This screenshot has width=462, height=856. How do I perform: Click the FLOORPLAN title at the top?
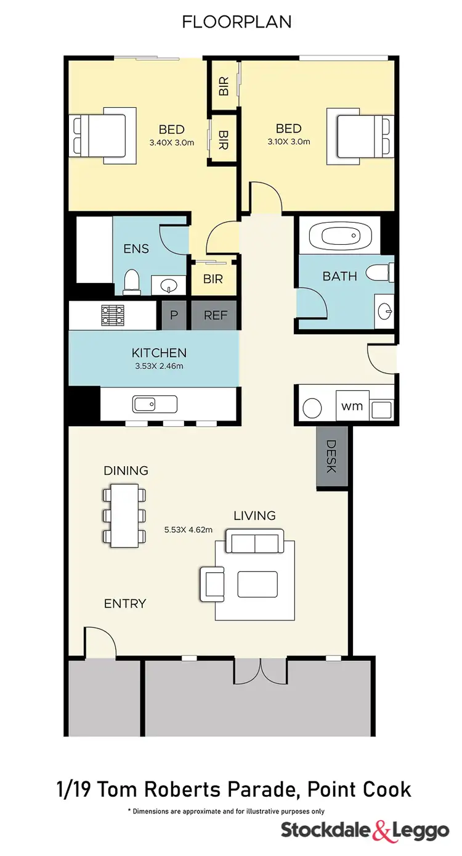click(237, 22)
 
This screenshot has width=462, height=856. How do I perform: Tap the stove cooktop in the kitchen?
click(113, 315)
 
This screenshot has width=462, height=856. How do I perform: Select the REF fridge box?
click(216, 315)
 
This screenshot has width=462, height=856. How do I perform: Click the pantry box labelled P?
click(174, 315)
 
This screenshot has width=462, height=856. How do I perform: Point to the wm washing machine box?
click(352, 406)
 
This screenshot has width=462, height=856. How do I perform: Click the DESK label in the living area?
click(331, 457)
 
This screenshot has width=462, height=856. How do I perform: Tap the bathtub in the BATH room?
click(334, 236)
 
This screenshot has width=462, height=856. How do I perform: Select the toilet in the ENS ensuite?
click(131, 281)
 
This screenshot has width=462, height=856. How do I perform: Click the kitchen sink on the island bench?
click(155, 405)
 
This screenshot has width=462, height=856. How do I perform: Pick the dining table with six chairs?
click(125, 515)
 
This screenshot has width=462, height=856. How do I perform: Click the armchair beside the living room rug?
click(213, 583)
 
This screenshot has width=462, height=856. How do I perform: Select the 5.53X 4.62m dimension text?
click(188, 529)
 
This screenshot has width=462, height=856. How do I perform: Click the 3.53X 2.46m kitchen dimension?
click(158, 366)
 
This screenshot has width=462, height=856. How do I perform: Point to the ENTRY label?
click(125, 604)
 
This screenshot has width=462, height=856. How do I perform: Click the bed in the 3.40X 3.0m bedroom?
click(103, 135)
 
